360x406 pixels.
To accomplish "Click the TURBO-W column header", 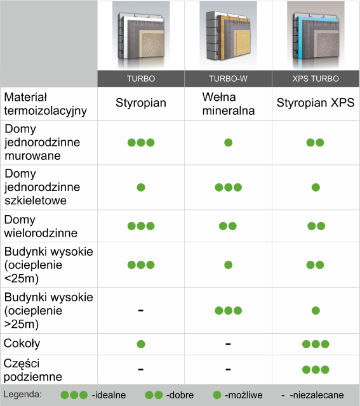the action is tap(228, 79).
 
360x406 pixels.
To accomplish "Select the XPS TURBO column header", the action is tap(316, 79).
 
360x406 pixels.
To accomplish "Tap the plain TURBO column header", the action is tap(141, 79).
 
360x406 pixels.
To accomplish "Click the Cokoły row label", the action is tap(22, 344).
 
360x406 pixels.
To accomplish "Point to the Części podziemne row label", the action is tap(33, 370).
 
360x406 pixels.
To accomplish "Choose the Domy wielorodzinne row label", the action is tap(41, 226).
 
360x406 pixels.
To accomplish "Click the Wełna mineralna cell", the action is tap(229, 104).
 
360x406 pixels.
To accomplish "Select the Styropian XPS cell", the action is tap(316, 103).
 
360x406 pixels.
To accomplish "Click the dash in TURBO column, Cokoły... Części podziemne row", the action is tap(141, 369).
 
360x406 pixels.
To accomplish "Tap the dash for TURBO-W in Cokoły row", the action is tap(228, 344).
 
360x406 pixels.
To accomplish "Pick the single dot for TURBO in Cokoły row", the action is tap(141, 344).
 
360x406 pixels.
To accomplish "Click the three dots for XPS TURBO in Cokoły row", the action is tap(316, 344).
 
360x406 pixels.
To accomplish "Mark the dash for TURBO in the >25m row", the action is tap(141, 310).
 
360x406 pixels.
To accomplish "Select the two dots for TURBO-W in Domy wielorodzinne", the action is tap(228, 226).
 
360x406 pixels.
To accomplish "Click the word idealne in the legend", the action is tap(109, 395).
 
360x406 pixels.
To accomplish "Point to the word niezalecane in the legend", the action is tap(317, 395).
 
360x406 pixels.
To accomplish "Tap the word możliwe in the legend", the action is tap(244, 395).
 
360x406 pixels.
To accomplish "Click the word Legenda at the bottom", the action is tap(23, 395).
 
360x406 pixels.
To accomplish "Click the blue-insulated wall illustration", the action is tap(316, 36).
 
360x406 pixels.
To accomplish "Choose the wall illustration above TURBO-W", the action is tap(228, 36).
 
